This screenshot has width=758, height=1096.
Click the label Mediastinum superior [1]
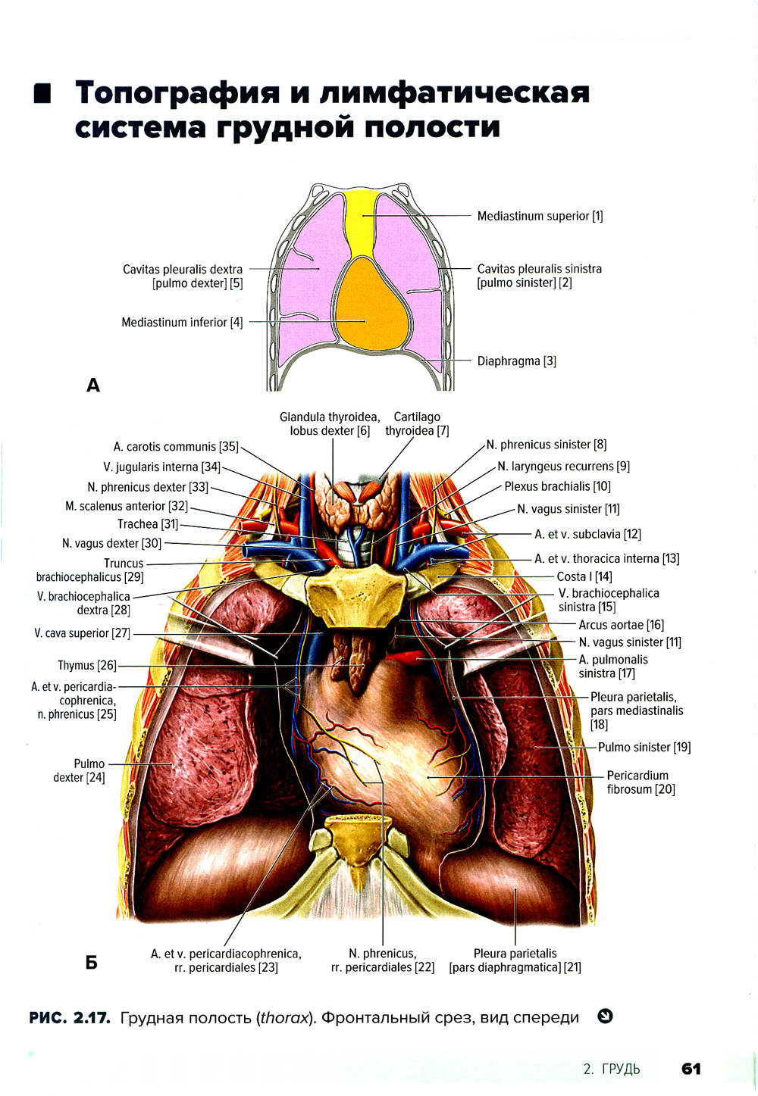point(540,216)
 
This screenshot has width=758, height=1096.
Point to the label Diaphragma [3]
point(517,361)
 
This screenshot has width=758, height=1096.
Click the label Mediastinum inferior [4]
point(182,323)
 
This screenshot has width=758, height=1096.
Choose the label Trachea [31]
point(148,524)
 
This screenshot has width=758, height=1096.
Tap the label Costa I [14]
point(584,576)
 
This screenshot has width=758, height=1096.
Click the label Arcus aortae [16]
point(622,625)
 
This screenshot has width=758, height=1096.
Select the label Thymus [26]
point(87,666)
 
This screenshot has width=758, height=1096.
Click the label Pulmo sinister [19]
point(644,747)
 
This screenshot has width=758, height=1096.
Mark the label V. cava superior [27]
point(83,633)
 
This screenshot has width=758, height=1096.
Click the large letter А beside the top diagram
point(93,386)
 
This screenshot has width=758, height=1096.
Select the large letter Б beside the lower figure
point(92,963)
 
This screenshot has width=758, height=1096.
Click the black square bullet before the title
point(42,93)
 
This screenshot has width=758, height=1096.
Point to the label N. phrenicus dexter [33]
point(148,487)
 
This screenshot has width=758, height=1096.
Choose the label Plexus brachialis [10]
point(558,486)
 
